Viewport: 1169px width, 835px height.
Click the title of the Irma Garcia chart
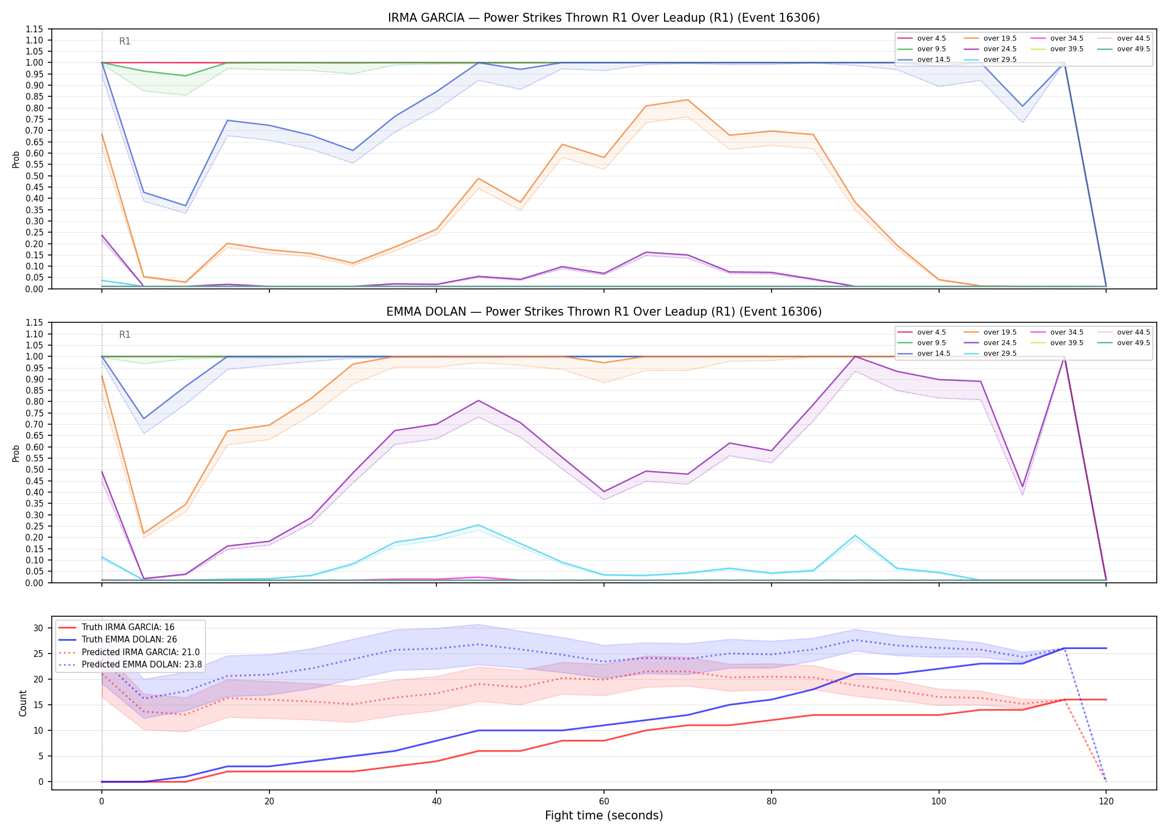click(x=604, y=18)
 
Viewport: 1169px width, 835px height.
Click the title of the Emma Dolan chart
click(x=604, y=312)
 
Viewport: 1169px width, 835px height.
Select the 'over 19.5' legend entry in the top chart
click(x=990, y=38)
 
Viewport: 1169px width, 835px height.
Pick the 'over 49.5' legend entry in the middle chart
click(x=1124, y=343)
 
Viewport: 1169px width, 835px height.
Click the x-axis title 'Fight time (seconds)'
click(x=604, y=816)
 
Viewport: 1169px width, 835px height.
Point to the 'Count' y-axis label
click(x=23, y=703)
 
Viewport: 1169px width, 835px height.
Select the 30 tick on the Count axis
click(x=38, y=628)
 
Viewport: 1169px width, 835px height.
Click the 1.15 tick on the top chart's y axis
click(x=35, y=29)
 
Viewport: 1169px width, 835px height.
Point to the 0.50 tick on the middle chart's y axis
click(x=35, y=470)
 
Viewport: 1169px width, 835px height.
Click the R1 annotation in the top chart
click(x=125, y=41)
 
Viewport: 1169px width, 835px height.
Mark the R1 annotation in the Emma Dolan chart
click(x=125, y=335)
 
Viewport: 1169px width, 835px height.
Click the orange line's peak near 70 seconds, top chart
click(x=687, y=100)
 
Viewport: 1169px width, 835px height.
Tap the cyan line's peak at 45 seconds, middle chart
click(x=478, y=525)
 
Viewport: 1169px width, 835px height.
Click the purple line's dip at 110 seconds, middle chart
click(x=1023, y=487)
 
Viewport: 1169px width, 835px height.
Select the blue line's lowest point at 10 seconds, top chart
click(x=185, y=206)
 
